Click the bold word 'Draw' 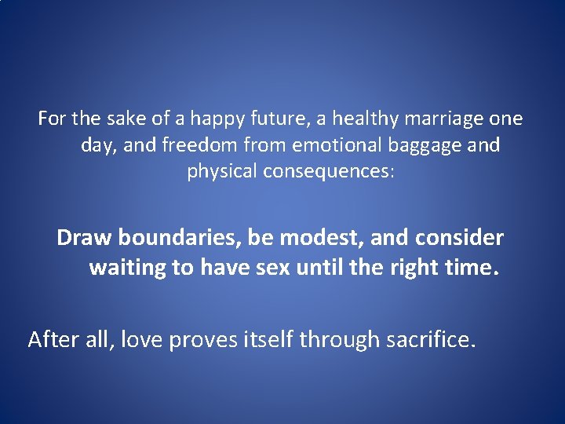pos(79,237)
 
